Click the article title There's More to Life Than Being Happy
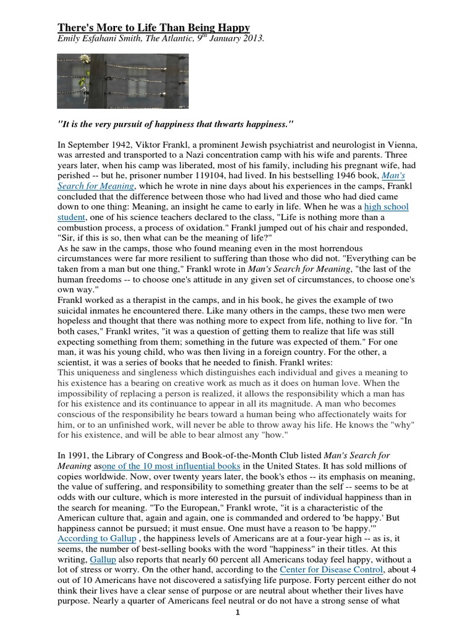pyautogui.click(x=154, y=28)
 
